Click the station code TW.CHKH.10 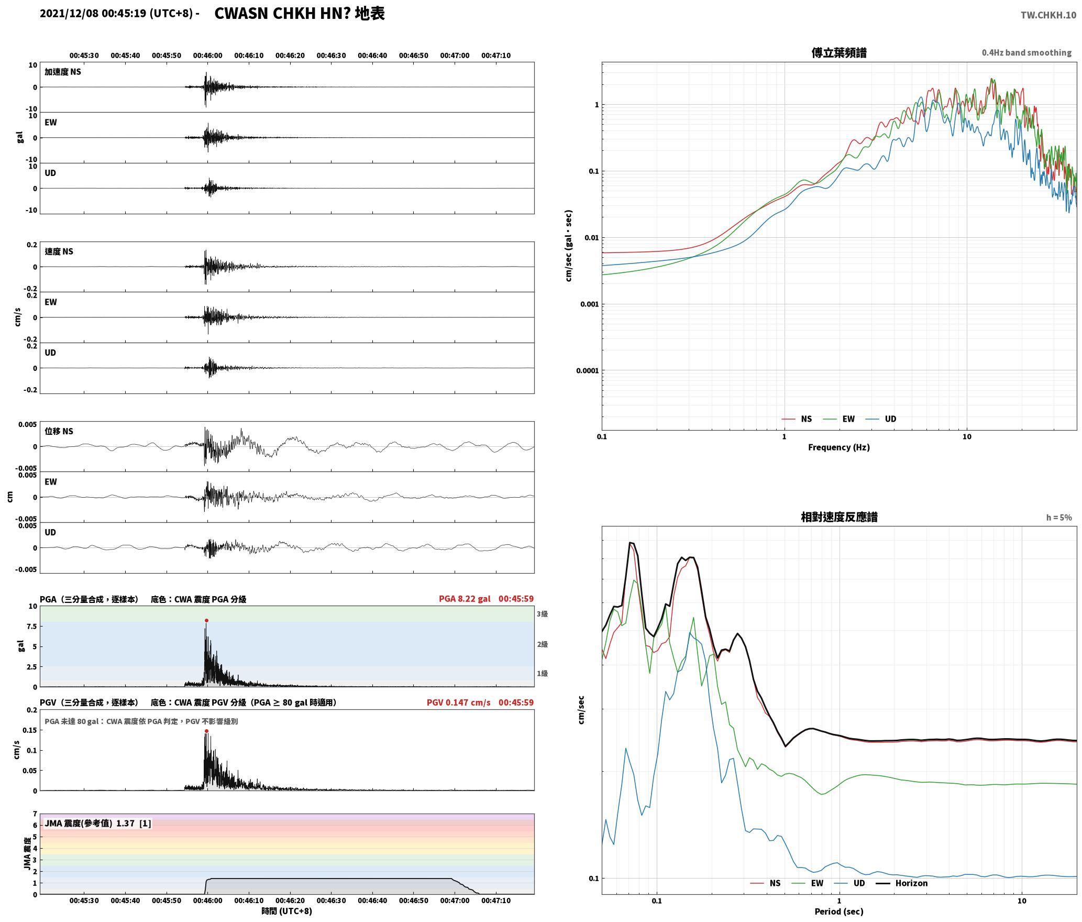point(1048,15)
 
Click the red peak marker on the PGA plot point(206,621)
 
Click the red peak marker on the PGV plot point(206,731)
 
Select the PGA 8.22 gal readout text point(465,599)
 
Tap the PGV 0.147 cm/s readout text point(459,703)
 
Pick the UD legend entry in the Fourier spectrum point(881,419)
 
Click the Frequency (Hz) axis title point(838,447)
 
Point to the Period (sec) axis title point(838,912)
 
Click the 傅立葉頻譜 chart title point(838,53)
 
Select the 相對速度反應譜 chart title point(839,517)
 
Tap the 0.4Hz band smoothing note point(1026,53)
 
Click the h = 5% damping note point(1059,518)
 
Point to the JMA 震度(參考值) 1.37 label point(90,823)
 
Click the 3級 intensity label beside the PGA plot point(542,614)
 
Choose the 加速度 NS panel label point(63,72)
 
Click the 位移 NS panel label point(59,431)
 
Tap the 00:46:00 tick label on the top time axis point(207,56)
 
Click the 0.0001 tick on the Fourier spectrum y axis point(587,371)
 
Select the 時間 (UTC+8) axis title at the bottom point(286,911)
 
